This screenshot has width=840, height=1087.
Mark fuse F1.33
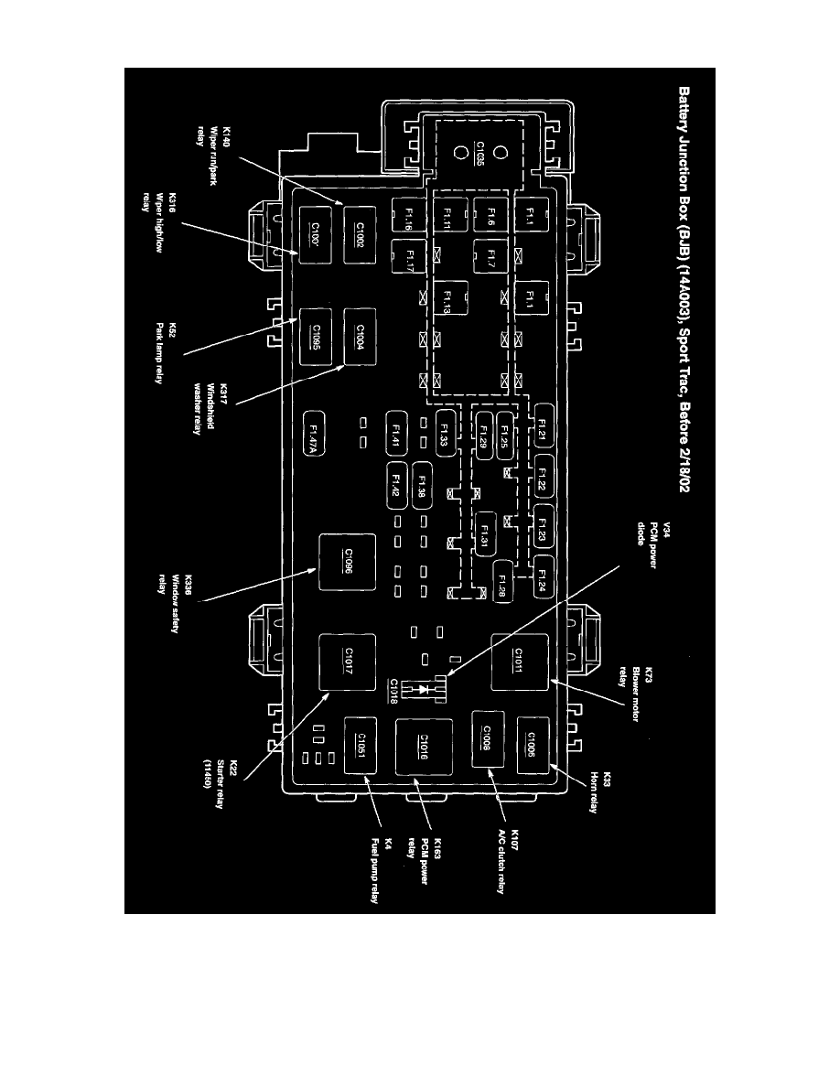446,429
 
